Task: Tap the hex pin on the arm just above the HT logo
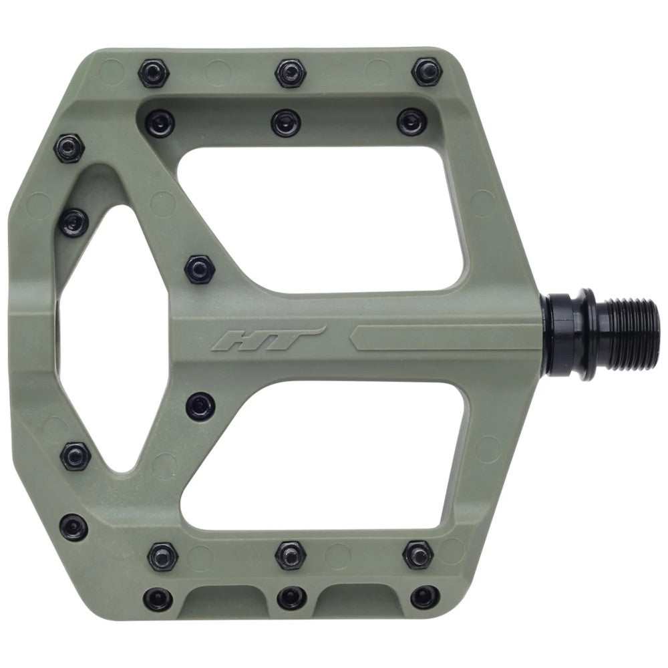(x=198, y=269)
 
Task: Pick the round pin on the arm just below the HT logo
(x=200, y=405)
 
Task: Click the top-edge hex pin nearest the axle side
(x=426, y=71)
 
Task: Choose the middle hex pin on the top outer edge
(x=289, y=72)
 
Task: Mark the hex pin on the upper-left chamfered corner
(x=69, y=147)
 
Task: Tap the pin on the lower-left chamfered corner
(x=73, y=527)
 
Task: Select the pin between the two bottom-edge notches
(x=291, y=597)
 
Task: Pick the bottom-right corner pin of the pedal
(x=424, y=597)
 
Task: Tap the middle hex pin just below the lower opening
(x=289, y=554)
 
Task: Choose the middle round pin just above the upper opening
(x=286, y=122)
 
